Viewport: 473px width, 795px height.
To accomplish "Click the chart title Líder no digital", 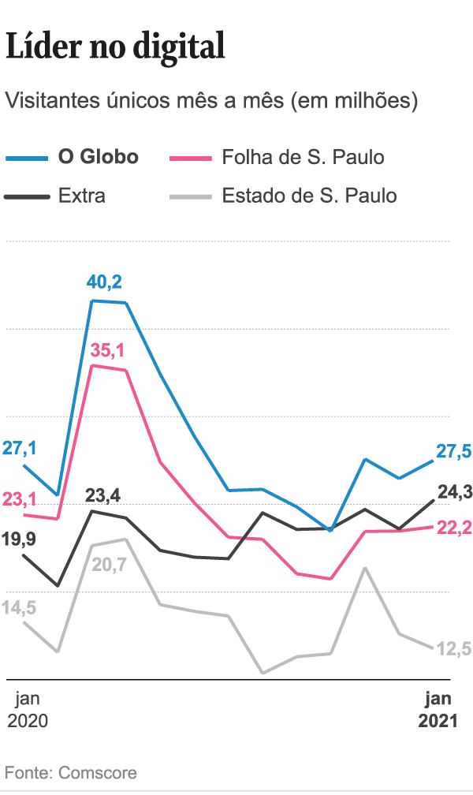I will click(x=115, y=47).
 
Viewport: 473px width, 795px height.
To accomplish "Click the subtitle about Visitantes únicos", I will click(x=210, y=101).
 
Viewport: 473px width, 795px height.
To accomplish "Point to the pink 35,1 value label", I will click(x=107, y=348).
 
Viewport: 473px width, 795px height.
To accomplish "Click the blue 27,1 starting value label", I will click(x=20, y=449).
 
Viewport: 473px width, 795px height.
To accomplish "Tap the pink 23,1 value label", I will click(x=20, y=499).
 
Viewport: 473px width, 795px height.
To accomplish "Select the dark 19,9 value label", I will click(x=20, y=539).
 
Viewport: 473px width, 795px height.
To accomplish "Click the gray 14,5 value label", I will click(x=20, y=608).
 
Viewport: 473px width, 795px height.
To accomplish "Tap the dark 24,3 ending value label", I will click(x=454, y=493).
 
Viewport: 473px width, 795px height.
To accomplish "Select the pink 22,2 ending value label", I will click(x=454, y=528).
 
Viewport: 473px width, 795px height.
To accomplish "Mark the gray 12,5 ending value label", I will click(x=454, y=649).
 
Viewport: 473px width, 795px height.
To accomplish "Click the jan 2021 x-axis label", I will click(x=438, y=709).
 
